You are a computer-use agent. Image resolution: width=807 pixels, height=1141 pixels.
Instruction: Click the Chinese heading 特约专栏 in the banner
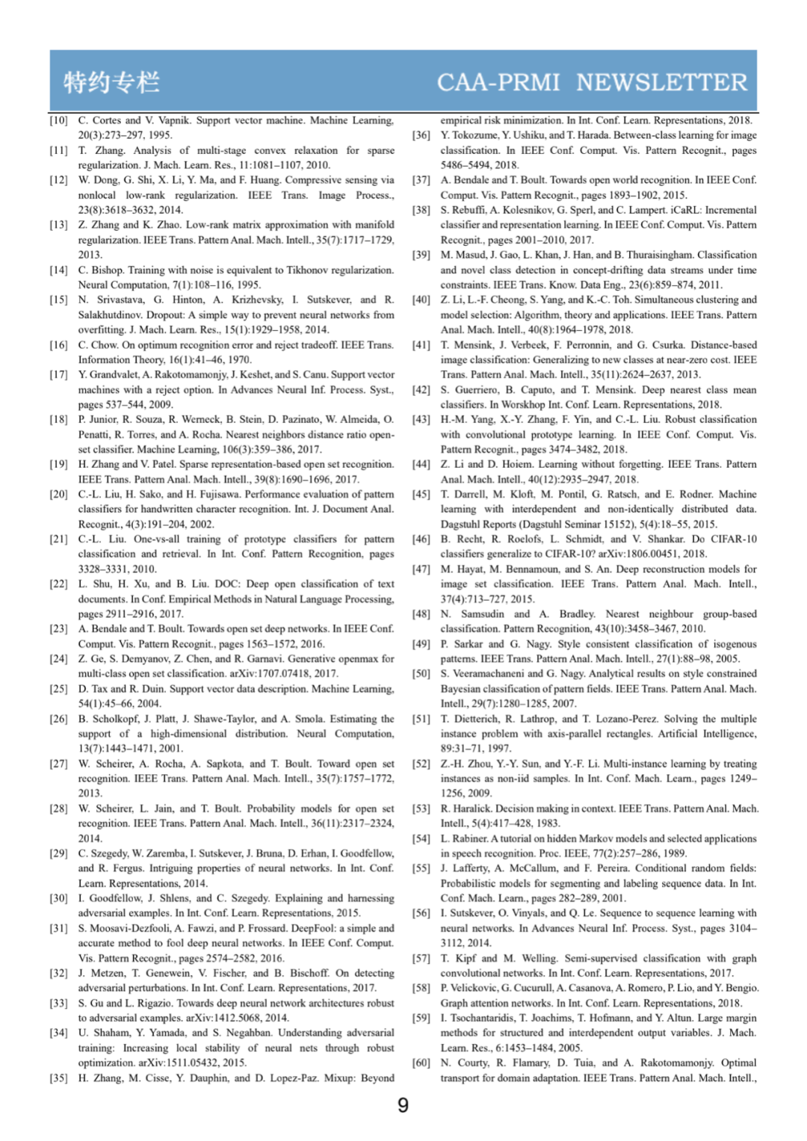(111, 81)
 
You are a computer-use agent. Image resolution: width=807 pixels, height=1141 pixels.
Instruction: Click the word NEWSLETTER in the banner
(661, 81)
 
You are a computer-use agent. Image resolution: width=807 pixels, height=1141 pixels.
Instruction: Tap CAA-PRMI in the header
(498, 81)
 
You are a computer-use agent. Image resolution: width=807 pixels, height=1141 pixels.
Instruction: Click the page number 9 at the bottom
(403, 1105)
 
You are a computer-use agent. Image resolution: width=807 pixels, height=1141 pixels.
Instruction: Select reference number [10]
(58, 120)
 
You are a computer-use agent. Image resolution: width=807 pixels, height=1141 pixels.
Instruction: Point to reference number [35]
(58, 1078)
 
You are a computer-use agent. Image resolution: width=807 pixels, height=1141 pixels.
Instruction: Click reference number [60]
(421, 1063)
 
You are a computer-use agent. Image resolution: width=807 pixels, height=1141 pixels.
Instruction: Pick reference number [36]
(421, 135)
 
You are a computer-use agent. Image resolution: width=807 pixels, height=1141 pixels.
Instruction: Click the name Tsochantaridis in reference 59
(488, 1018)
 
